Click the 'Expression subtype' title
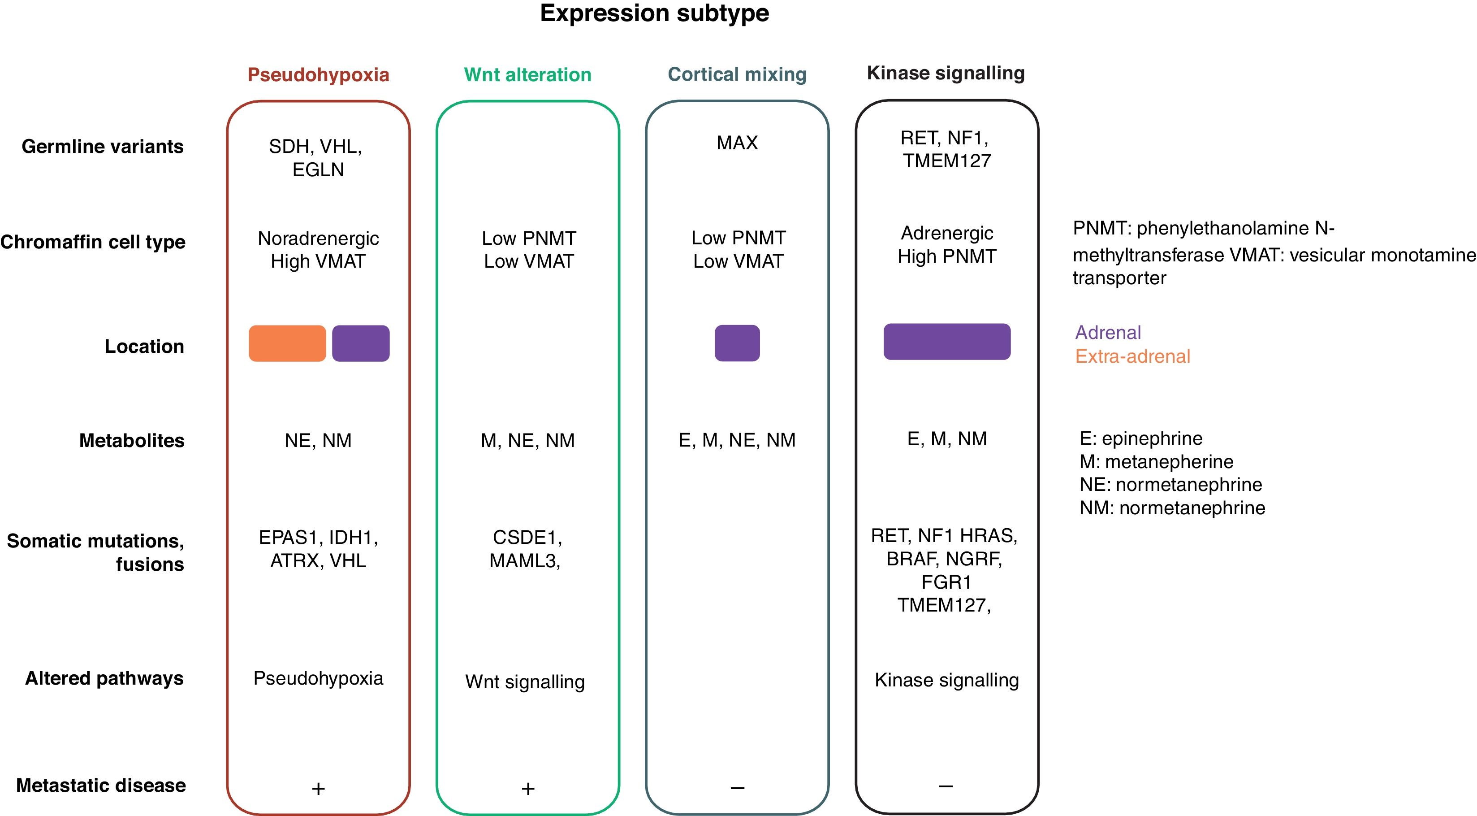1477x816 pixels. click(654, 13)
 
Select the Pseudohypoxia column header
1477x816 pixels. click(318, 74)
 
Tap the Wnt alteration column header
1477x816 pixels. click(527, 74)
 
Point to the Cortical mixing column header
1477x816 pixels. click(737, 74)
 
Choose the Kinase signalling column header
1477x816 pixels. click(946, 73)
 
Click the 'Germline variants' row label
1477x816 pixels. click(103, 146)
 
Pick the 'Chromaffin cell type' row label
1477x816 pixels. click(93, 242)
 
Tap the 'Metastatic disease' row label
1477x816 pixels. click(101, 785)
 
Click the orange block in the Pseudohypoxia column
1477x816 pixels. click(287, 343)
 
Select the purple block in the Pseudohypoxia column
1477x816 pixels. click(361, 343)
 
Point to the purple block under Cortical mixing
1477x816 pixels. click(737, 343)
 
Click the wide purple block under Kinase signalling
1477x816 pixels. click(946, 342)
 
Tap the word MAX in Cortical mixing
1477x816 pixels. click(737, 142)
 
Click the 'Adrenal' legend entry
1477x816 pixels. click(1108, 332)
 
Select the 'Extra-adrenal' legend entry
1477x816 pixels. click(1132, 356)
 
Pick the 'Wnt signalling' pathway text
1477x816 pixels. click(525, 682)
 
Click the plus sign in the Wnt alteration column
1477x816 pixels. click(528, 789)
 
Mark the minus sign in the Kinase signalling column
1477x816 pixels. click(946, 786)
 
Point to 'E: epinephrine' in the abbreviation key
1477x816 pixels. click(1140, 438)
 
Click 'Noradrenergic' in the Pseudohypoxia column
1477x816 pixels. click(318, 238)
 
